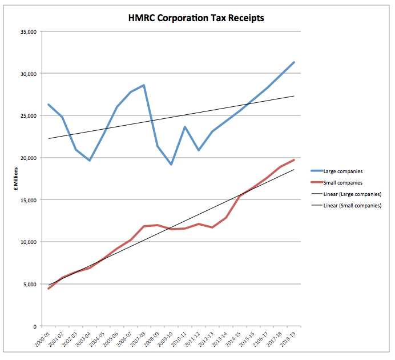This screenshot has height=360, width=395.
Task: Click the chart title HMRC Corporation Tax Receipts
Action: (196, 18)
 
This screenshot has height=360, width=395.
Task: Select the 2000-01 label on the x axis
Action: (42, 339)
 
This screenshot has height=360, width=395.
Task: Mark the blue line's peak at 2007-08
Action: (144, 85)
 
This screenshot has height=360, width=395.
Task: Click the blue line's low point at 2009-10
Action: (171, 165)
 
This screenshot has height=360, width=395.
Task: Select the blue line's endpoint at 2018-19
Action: (293, 62)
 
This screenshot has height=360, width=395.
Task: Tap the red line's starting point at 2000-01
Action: (49, 289)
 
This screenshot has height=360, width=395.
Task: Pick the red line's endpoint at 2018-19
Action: (293, 160)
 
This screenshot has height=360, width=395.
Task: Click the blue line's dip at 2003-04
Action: (90, 161)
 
